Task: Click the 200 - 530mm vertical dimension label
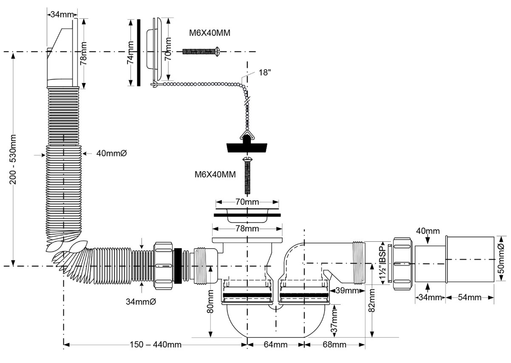click(13, 160)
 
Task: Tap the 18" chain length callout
click(264, 73)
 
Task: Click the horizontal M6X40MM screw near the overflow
click(200, 51)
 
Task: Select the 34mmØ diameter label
click(142, 302)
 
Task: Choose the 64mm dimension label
click(275, 344)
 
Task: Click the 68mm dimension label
click(334, 344)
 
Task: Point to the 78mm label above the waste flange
click(247, 229)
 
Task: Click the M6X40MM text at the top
click(210, 33)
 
